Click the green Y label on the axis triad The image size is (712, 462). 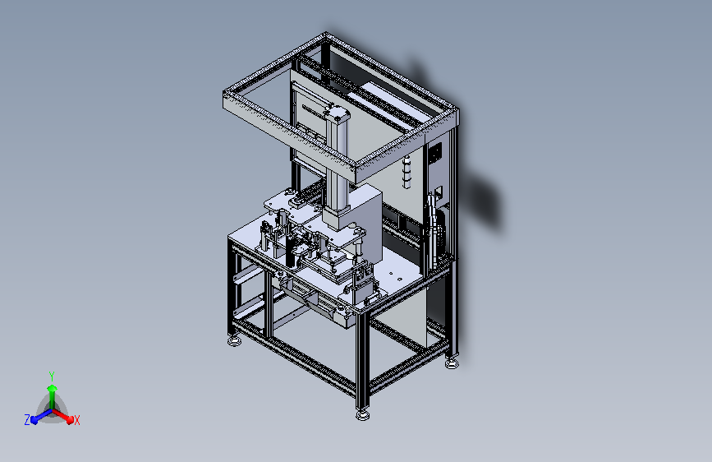(52, 376)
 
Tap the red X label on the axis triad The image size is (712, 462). (76, 420)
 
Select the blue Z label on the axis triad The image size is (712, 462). (27, 420)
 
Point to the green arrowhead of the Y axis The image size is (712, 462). (53, 388)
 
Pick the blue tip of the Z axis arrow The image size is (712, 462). (34, 420)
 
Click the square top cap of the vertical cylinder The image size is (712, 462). (337, 113)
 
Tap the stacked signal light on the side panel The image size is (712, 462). (407, 172)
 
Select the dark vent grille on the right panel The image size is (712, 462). (435, 153)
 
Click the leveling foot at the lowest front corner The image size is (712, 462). (362, 414)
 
